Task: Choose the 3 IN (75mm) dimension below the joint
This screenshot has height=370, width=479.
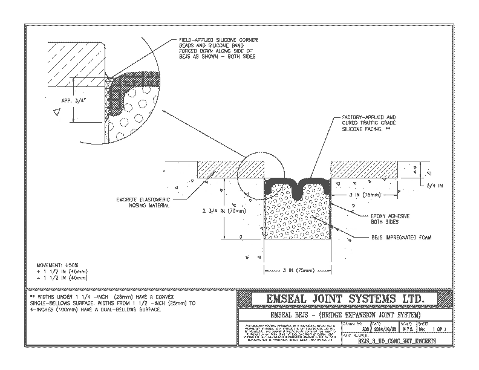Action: pos(296,268)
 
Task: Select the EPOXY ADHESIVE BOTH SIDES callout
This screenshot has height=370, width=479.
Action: pos(386,218)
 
